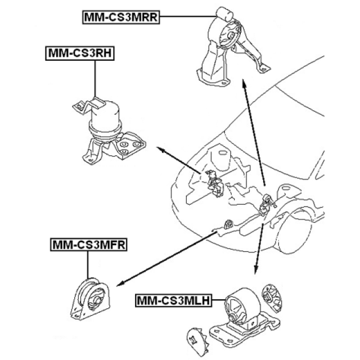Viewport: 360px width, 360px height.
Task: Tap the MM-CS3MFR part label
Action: point(89,245)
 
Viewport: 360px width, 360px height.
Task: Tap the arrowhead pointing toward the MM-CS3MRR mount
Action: point(244,83)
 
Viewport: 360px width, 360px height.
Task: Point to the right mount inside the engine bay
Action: point(214,183)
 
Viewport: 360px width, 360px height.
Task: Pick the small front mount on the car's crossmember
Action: point(229,225)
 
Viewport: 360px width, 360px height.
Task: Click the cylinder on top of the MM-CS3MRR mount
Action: point(224,13)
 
